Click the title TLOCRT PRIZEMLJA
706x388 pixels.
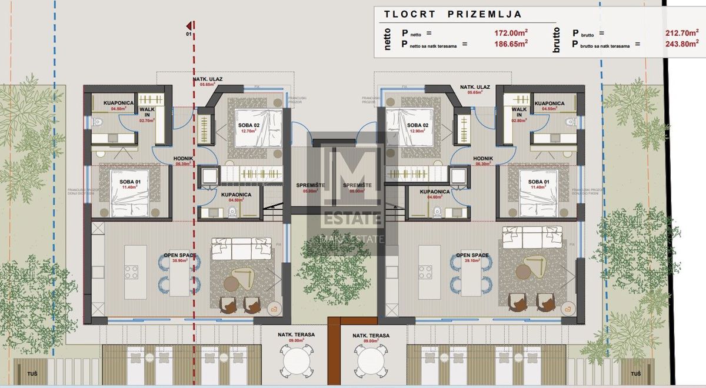pyautogui.click(x=452, y=14)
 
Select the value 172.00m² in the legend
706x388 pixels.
pyautogui.click(x=511, y=34)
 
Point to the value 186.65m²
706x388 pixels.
pyautogui.click(x=511, y=44)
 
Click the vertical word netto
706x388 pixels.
pyautogui.click(x=387, y=39)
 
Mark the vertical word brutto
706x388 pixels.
pyautogui.click(x=557, y=39)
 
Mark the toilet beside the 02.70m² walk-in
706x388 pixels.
pyautogui.click(x=98, y=122)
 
